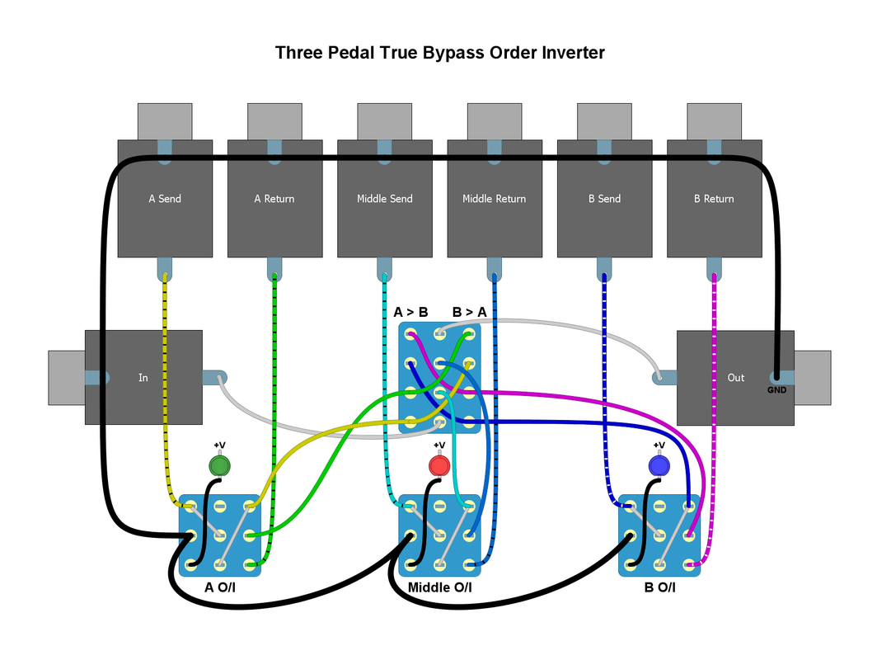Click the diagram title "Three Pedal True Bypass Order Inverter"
[x=439, y=54]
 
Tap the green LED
[x=218, y=466]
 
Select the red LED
[x=438, y=466]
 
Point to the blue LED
[x=659, y=466]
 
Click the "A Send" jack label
[x=165, y=199]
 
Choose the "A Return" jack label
[x=274, y=199]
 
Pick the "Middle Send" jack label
[x=384, y=199]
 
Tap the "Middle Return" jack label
[x=494, y=199]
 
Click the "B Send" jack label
[x=604, y=199]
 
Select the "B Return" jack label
[x=714, y=199]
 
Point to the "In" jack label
[x=143, y=378]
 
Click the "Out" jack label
[x=735, y=378]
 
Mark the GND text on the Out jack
[x=776, y=390]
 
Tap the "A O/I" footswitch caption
[x=221, y=587]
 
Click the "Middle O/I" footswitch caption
[x=440, y=587]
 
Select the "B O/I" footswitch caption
[x=659, y=587]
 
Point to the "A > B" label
[x=410, y=313]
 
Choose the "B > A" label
[x=469, y=313]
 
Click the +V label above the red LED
[x=438, y=445]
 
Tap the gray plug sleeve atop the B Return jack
[x=714, y=121]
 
